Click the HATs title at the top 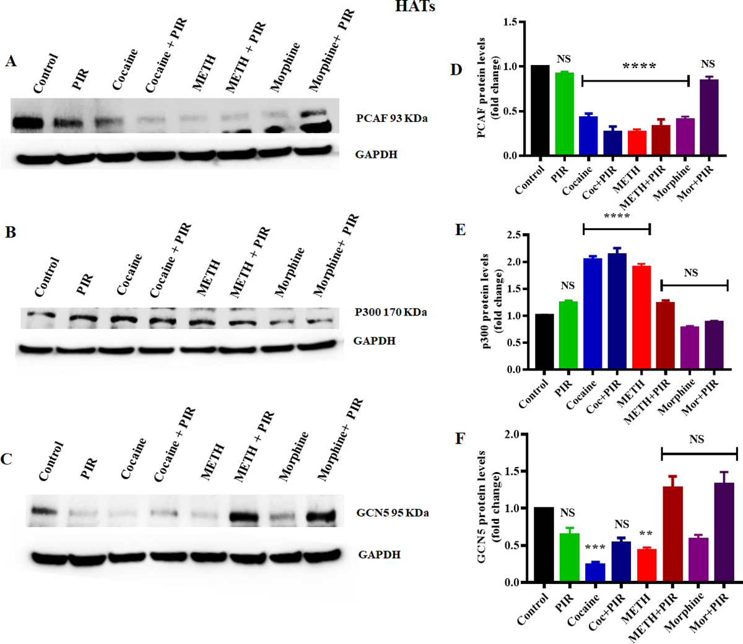[415, 7]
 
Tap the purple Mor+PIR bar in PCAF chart [709, 118]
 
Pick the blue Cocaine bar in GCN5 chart [594, 573]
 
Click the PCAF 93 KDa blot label [391, 118]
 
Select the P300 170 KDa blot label [390, 312]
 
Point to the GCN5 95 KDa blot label [393, 513]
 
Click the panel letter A [11, 61]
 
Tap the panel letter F [460, 439]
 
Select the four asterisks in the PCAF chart [638, 66]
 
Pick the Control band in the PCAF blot [27, 122]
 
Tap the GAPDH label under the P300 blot [374, 341]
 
